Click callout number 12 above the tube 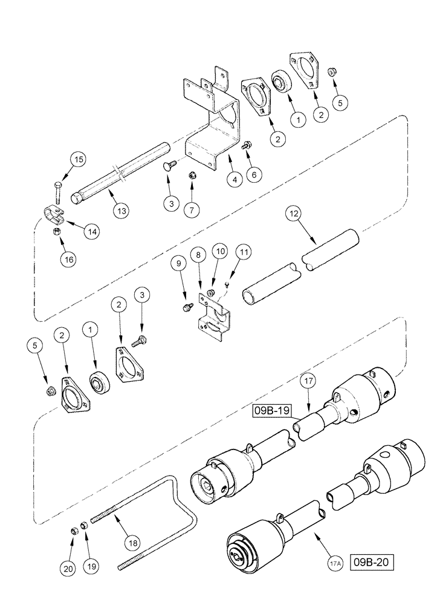click(293, 214)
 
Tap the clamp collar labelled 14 click(54, 215)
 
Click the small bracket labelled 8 click(213, 316)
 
